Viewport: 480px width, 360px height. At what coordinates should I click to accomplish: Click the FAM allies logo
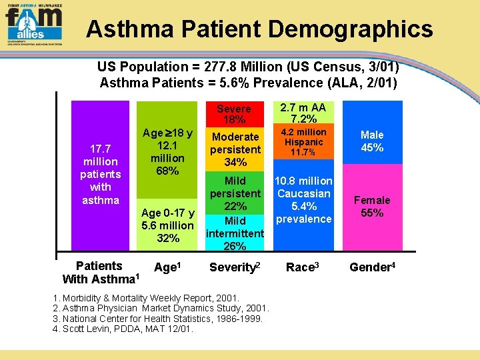tap(33, 23)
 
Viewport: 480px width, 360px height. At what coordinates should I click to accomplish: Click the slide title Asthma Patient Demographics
tap(259, 29)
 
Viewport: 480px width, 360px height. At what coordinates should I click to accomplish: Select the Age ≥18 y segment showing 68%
tap(167, 153)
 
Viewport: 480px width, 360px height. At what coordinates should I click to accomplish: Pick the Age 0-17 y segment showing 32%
tap(167, 226)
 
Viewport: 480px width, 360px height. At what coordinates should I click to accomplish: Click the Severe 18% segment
tap(234, 114)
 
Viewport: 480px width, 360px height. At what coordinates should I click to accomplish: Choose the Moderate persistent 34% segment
tap(235, 149)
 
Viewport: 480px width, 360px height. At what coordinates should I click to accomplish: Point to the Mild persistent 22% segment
tap(235, 193)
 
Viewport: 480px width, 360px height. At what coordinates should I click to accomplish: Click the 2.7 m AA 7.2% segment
tap(303, 113)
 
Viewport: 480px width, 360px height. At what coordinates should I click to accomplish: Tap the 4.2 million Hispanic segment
tap(303, 142)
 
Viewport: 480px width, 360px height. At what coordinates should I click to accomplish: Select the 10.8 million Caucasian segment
tap(303, 200)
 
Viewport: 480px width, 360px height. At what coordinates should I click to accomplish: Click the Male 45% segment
tap(372, 141)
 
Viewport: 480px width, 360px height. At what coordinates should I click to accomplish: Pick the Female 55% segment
tap(372, 207)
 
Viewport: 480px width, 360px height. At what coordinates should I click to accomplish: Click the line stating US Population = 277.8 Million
tap(248, 67)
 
